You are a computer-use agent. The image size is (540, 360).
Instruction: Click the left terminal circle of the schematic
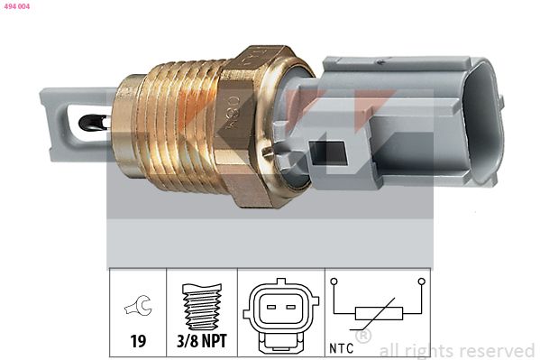click(x=334, y=282)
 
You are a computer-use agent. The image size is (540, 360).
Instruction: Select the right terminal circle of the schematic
click(x=420, y=282)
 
